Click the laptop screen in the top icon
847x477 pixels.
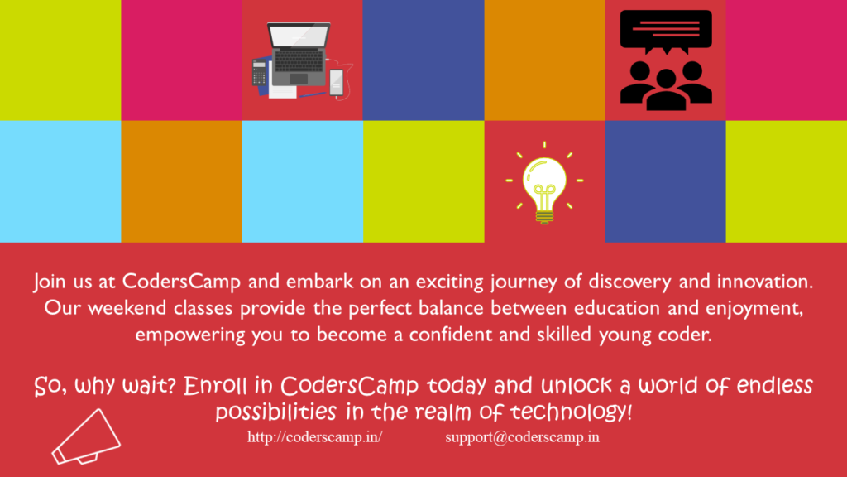click(x=299, y=36)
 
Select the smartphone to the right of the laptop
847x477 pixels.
click(x=336, y=82)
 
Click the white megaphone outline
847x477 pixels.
click(x=86, y=437)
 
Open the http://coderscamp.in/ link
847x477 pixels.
click(x=315, y=437)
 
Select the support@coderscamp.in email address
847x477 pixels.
click(x=523, y=437)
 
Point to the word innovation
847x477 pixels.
click(x=765, y=282)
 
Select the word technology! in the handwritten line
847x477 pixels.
click(x=571, y=412)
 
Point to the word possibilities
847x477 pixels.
click(x=276, y=412)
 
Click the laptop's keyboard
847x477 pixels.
click(x=299, y=60)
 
